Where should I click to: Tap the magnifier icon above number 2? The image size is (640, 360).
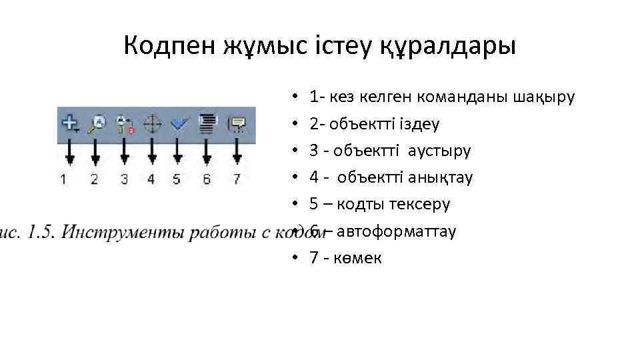point(97,123)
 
